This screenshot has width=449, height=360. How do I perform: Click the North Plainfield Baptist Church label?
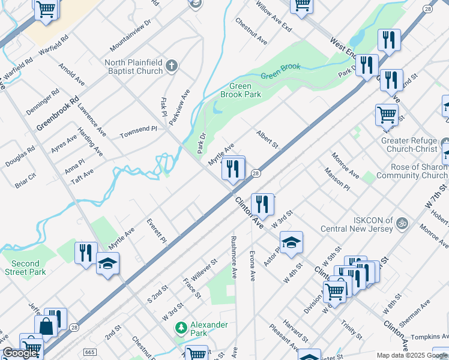[x=133, y=67]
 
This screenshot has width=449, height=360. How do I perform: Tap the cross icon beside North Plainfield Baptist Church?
[x=172, y=66]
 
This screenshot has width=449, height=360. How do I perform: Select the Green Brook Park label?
[x=240, y=91]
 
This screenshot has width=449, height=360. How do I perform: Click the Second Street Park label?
[x=25, y=268]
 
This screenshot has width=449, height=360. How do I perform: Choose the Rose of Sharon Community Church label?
[x=411, y=171]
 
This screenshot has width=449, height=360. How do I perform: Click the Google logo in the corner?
[x=20, y=353]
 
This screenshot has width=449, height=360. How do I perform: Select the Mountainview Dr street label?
[x=130, y=38]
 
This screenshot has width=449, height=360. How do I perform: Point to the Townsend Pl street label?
[x=138, y=131]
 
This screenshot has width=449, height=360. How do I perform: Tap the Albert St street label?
[x=268, y=139]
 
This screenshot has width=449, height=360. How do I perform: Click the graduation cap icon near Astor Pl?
[x=291, y=242]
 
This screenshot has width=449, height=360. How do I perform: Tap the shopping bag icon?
[x=47, y=326]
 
